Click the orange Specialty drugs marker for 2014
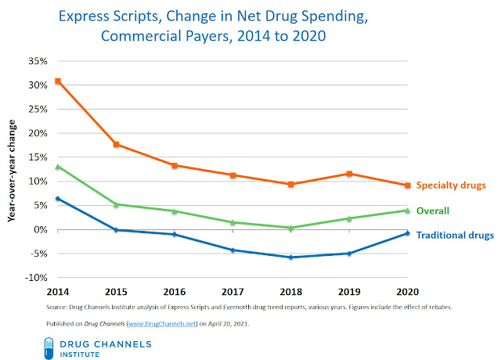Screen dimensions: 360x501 coord(58,81)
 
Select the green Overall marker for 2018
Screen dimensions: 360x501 coord(291,228)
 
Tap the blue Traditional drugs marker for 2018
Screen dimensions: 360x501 coord(291,257)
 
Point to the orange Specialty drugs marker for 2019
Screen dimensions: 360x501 coord(349,174)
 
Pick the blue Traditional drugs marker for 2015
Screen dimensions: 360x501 coord(116,230)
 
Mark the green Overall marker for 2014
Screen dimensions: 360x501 coord(58,167)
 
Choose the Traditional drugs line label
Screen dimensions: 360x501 coord(455,235)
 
